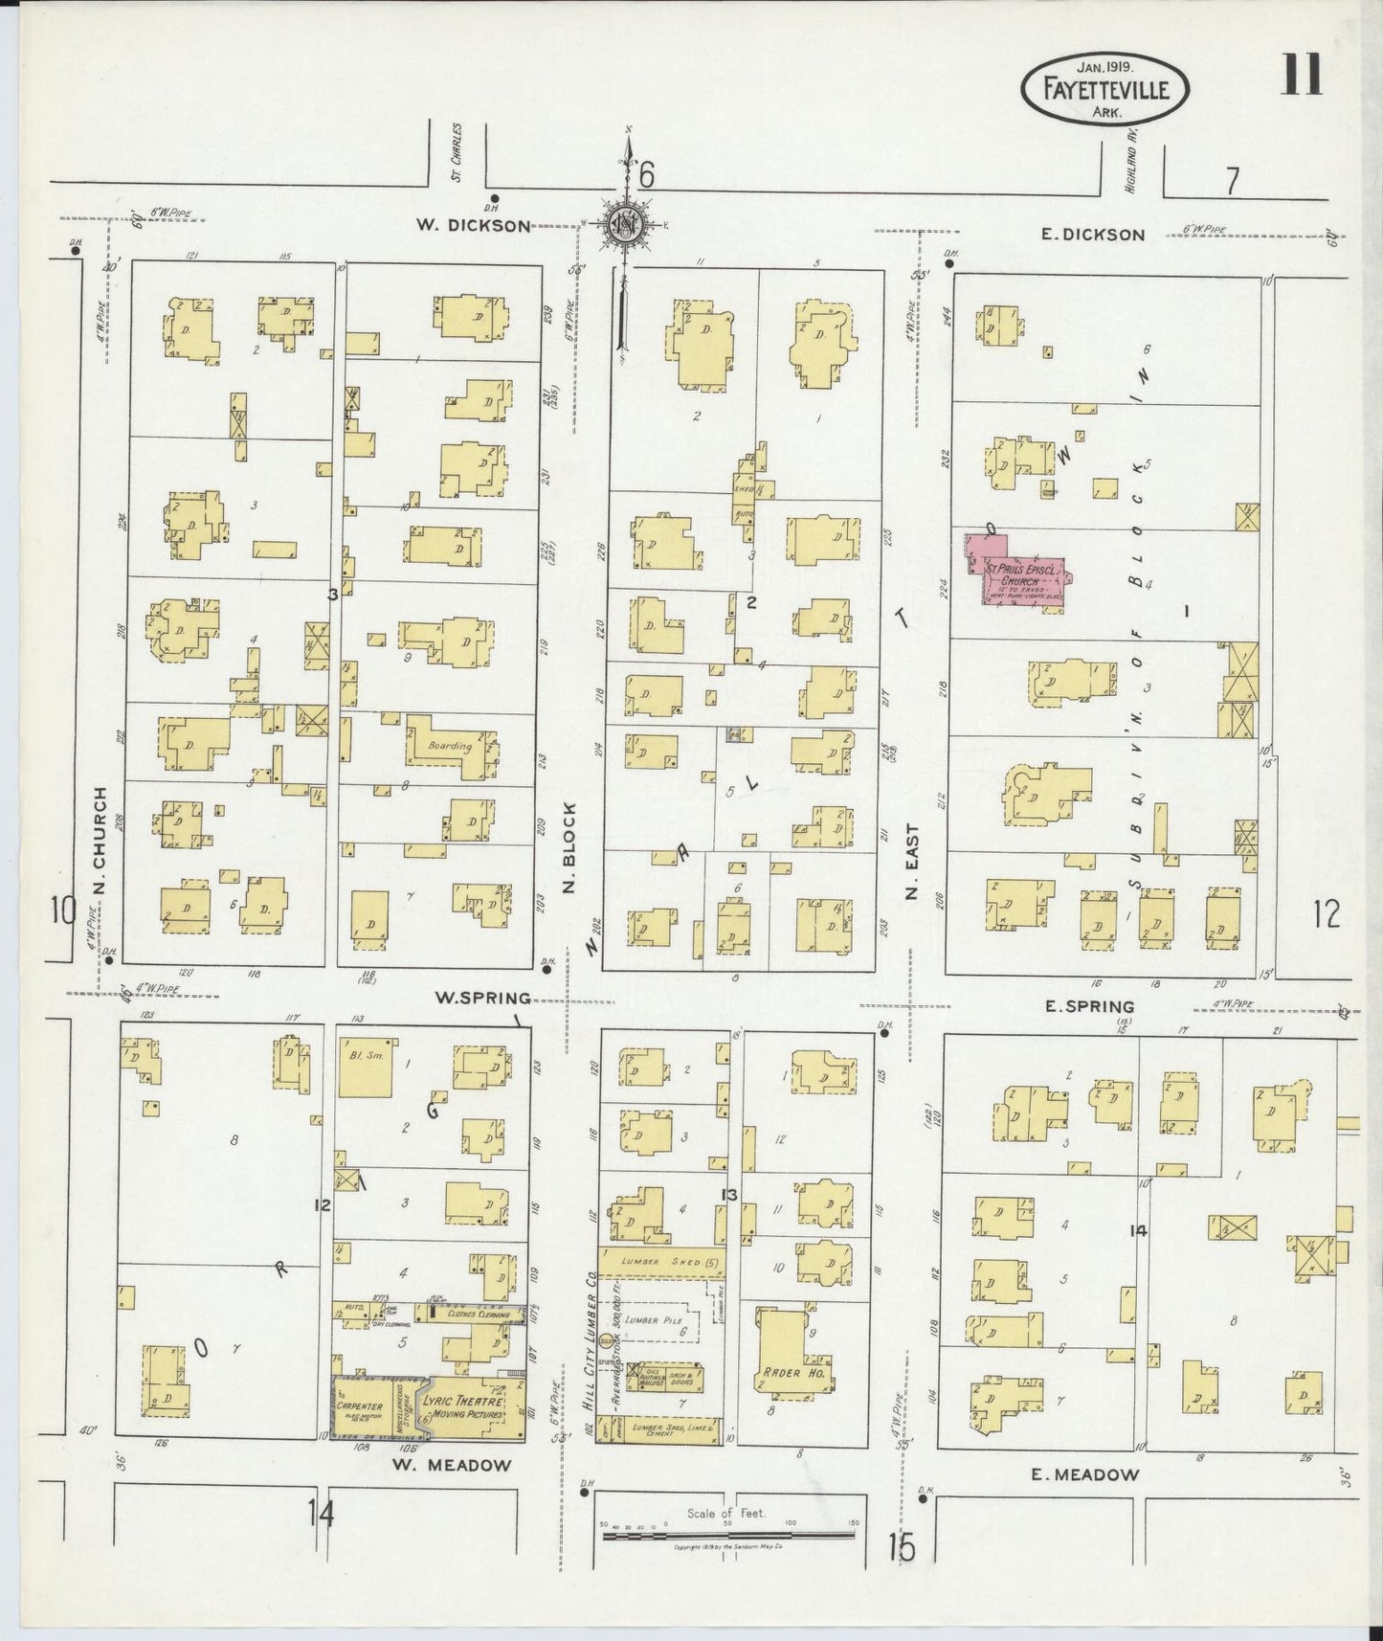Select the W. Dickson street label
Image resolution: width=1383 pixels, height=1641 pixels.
click(472, 226)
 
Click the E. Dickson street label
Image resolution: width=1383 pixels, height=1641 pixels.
click(1091, 235)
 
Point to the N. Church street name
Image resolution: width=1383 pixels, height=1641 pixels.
click(100, 843)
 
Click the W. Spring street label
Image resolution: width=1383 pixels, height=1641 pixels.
click(482, 998)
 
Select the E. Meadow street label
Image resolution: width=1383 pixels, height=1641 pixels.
click(1084, 1474)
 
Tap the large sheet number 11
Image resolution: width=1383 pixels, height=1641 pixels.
click(1301, 76)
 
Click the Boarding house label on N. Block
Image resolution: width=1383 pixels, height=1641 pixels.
click(450, 746)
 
